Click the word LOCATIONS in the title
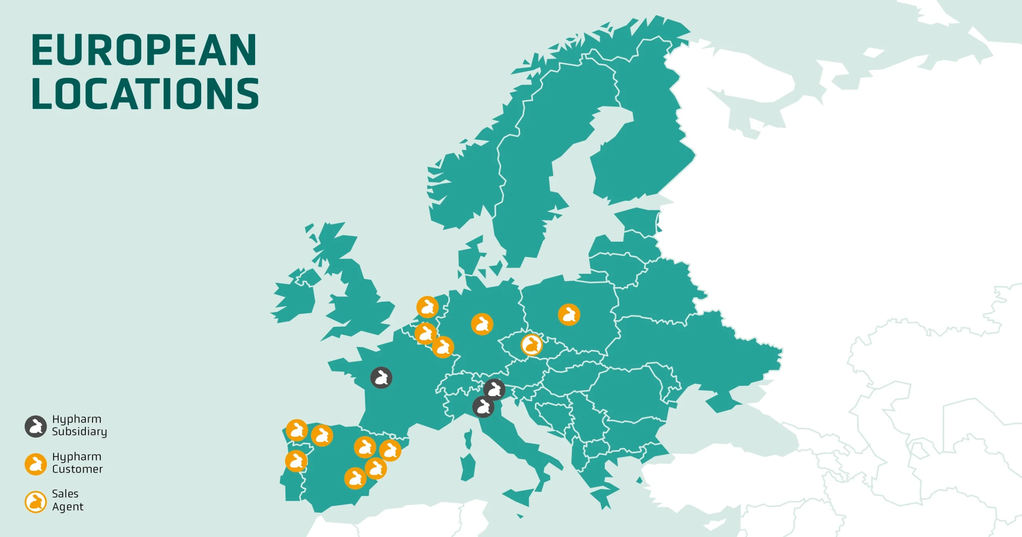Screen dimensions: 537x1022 pos(145,94)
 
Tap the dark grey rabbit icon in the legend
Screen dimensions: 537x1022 pos(36,426)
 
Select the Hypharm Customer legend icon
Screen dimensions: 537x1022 pos(36,464)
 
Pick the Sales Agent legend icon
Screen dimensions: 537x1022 pos(36,501)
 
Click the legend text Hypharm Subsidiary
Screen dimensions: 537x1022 pos(79,425)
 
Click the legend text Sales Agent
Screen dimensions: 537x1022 pos(67,500)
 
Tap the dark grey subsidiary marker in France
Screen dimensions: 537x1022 pos(381,377)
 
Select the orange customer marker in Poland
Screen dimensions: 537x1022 pos(569,315)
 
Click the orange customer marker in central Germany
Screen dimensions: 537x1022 pos(482,324)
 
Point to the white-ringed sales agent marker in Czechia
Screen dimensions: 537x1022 pos(532,345)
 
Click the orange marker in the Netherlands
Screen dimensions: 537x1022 pos(428,307)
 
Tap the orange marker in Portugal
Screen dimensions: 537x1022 pos(296,461)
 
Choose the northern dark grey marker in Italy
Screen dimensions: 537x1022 pos(495,389)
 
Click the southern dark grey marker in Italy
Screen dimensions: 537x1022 pos(483,407)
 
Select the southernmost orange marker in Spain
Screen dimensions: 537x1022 pos(355,478)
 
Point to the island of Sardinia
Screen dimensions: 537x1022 pos(468,467)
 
